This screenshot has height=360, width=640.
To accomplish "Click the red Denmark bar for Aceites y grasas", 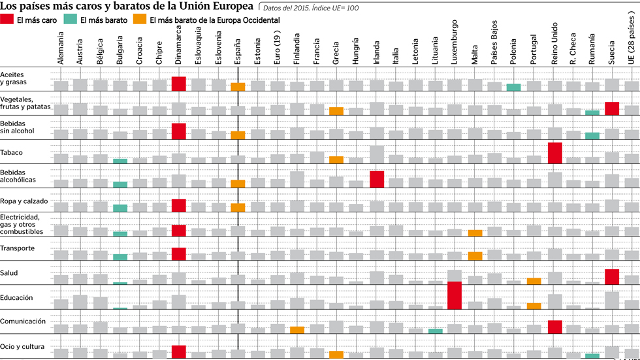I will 179,84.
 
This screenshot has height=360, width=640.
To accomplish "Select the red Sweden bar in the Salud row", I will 612,276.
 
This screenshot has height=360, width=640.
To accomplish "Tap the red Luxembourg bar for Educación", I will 455,295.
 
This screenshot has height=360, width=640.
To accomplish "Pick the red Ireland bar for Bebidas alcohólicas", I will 376,179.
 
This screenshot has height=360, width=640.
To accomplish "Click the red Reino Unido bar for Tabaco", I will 554,153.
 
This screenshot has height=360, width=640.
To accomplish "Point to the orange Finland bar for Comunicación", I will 297,330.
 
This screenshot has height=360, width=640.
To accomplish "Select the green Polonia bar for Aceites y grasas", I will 514,88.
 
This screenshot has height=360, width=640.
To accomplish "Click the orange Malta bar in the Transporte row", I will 475,256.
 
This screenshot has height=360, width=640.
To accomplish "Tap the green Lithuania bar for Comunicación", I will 436,331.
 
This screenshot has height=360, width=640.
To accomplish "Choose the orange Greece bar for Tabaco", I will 336,160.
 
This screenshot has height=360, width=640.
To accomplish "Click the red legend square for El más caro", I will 7,20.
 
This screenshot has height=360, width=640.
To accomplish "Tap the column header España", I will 238,49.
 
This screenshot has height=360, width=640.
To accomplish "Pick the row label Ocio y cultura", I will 22,347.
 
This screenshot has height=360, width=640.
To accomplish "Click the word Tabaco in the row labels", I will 12,153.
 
